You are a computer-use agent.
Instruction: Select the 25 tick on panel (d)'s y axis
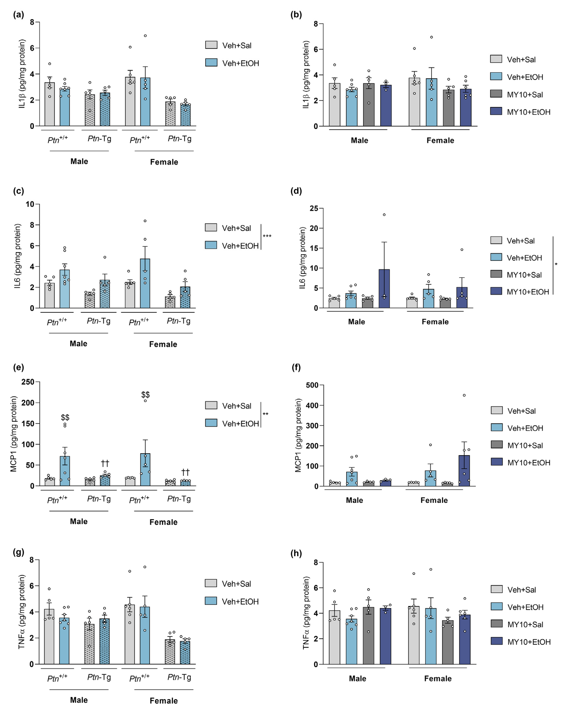(x=314, y=208)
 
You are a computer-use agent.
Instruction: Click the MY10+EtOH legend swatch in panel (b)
(x=496, y=111)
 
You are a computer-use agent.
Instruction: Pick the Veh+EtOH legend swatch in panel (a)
(x=211, y=63)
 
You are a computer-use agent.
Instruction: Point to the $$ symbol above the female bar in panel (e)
(x=145, y=394)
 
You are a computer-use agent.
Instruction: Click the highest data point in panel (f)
(x=464, y=395)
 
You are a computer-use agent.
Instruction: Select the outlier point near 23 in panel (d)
(x=384, y=215)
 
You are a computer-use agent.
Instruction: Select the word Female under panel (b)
(x=440, y=141)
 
